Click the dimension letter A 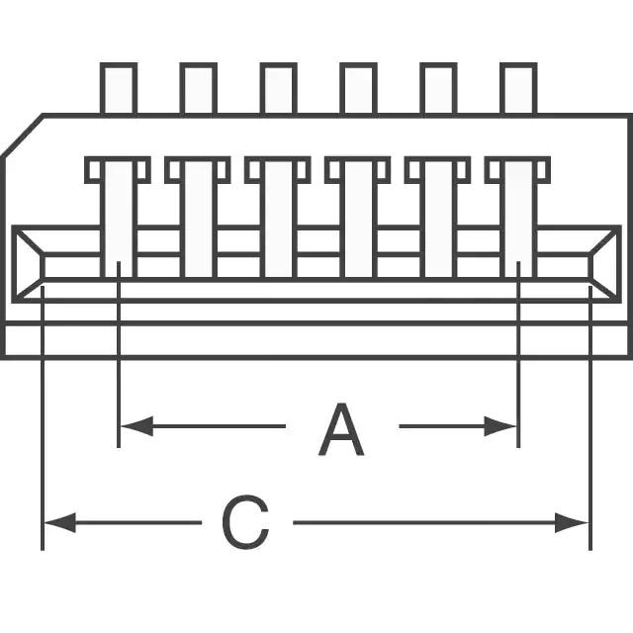[x=341, y=429]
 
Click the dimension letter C [x=245, y=522]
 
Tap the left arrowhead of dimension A [x=137, y=426]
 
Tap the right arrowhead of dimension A [x=500, y=426]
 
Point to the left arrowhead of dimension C [x=59, y=523]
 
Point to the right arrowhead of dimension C [x=572, y=523]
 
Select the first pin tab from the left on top [x=119, y=88]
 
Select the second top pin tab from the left [x=199, y=88]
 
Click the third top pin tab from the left [x=279, y=88]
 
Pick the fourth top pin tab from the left [x=358, y=88]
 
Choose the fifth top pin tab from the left [x=438, y=88]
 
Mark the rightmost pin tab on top [x=518, y=88]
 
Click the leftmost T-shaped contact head [x=118, y=169]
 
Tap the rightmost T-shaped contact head [x=517, y=169]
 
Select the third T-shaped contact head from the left [x=278, y=169]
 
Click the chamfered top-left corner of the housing [x=22, y=135]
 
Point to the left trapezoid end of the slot [x=28, y=264]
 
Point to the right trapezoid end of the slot [x=604, y=264]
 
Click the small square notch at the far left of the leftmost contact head [x=95, y=170]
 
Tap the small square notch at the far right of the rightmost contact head [x=542, y=170]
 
